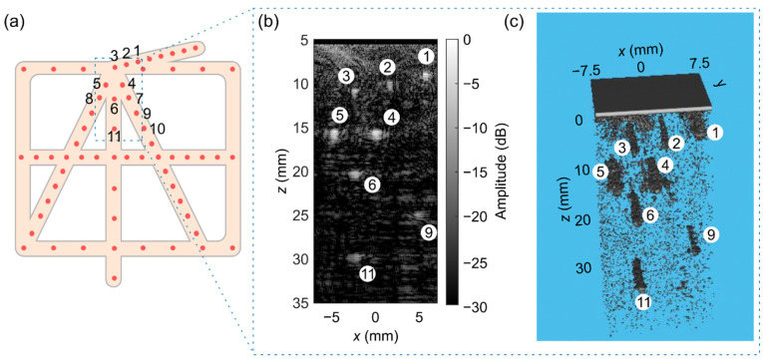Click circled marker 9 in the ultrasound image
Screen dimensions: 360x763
[428, 232]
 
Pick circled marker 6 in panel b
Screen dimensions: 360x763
[372, 184]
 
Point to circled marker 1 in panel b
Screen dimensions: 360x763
[426, 56]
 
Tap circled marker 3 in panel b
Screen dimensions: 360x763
[345, 76]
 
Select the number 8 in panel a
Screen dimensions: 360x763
[88, 98]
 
